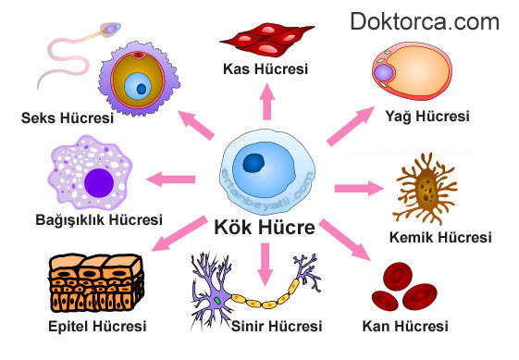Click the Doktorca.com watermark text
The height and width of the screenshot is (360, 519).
424,21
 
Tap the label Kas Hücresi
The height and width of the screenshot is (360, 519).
266,68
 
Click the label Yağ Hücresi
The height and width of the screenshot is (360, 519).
427,117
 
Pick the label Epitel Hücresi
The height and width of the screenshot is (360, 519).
97,326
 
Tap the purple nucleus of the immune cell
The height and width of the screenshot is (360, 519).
97,182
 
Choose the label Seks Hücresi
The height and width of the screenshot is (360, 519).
67,118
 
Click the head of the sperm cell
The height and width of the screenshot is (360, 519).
110,30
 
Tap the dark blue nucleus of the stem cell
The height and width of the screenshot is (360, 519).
256,165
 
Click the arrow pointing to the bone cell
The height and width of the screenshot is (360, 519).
359,188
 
